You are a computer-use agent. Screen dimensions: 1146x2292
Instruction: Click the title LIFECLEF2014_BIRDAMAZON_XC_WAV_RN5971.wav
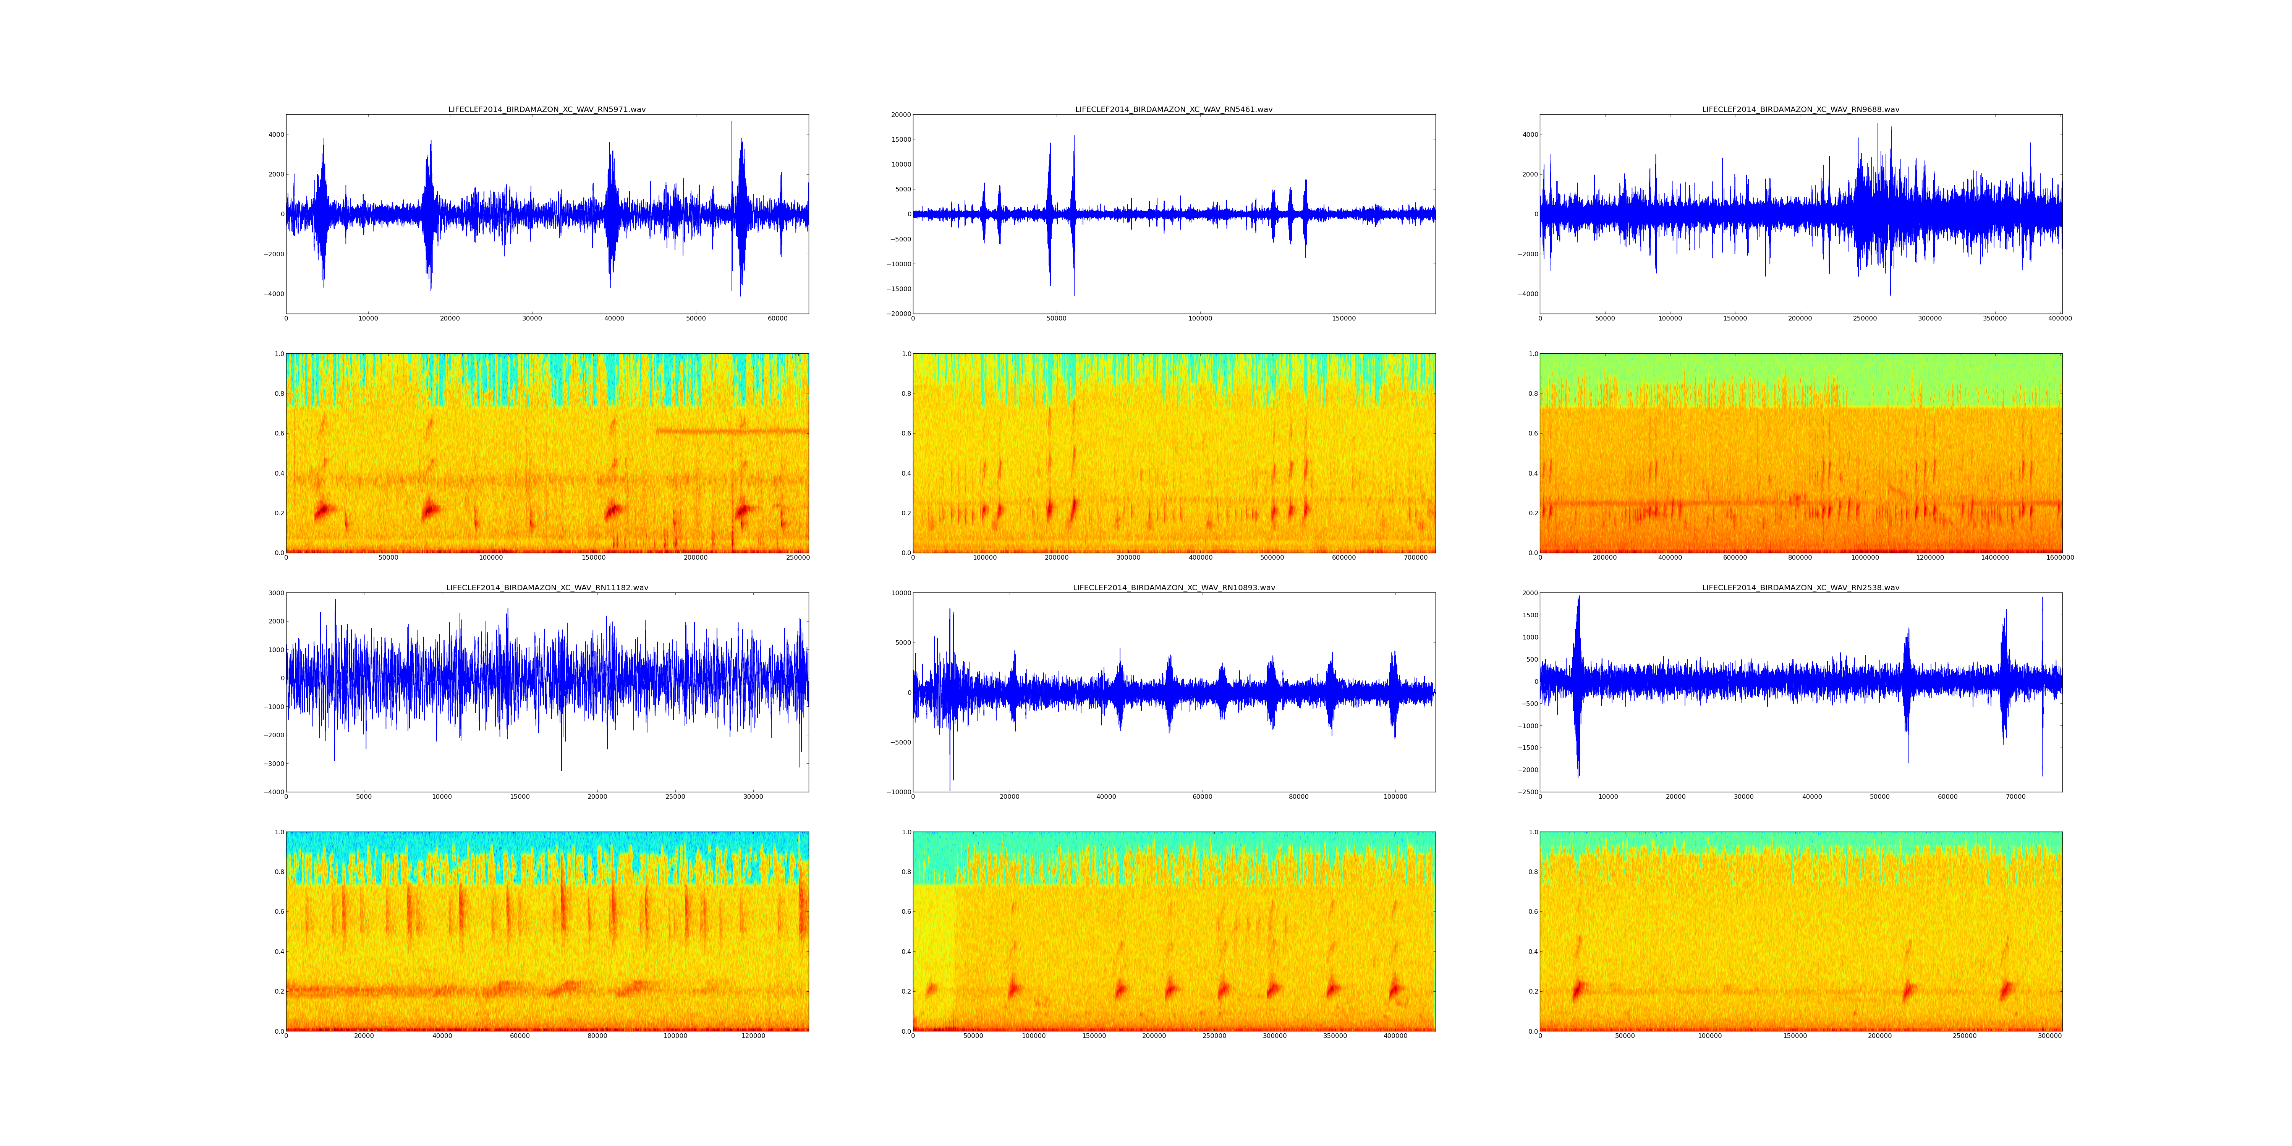coord(546,109)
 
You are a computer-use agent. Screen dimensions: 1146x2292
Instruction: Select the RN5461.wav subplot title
coord(1174,109)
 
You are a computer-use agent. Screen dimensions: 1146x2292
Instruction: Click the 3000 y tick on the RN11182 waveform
coord(276,594)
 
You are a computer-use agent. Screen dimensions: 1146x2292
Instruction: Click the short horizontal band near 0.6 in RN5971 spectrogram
coord(732,432)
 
